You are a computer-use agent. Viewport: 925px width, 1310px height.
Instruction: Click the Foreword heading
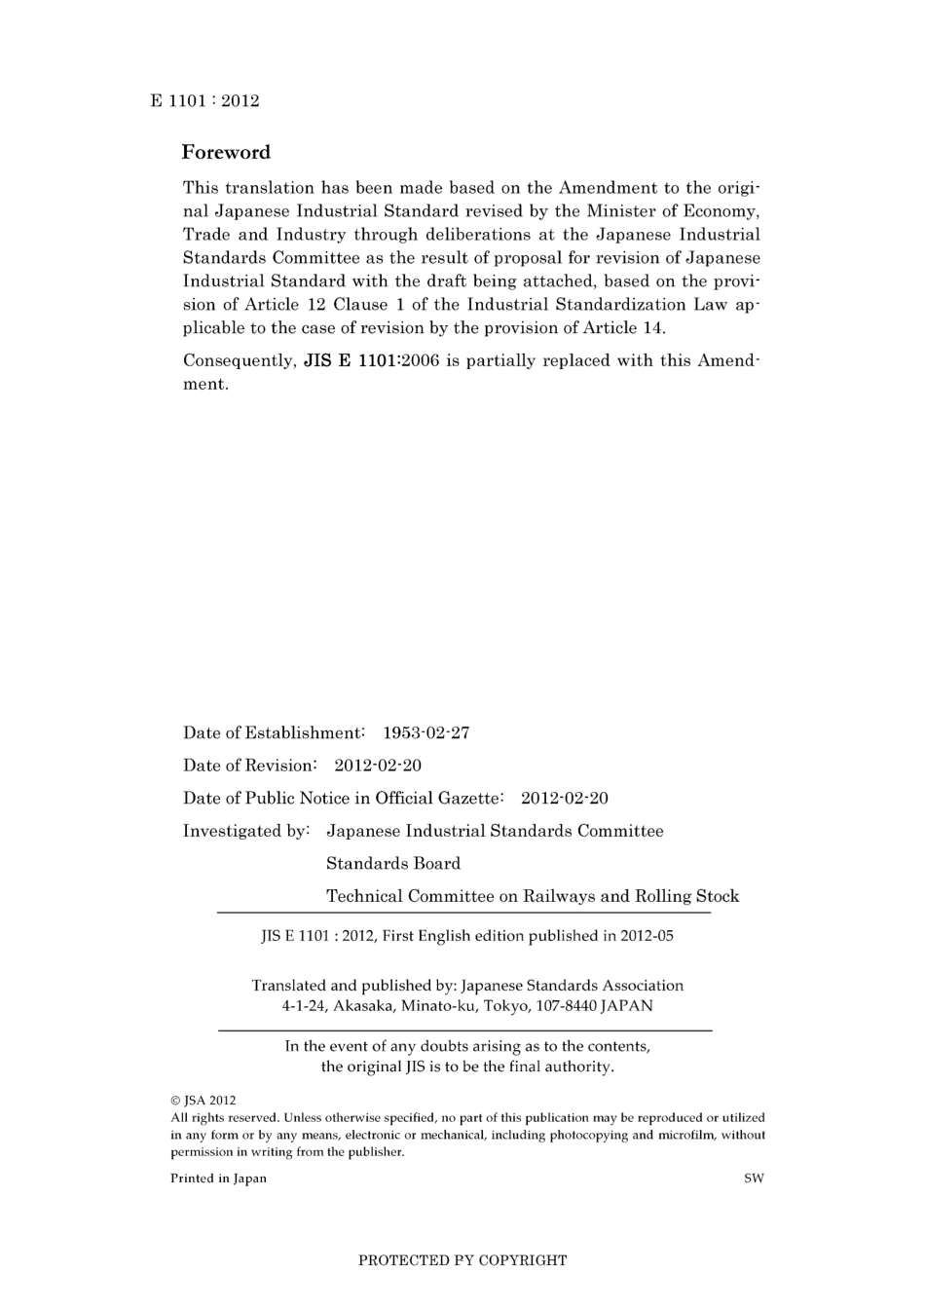click(x=226, y=152)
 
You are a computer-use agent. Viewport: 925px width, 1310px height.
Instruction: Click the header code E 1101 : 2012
click(x=204, y=100)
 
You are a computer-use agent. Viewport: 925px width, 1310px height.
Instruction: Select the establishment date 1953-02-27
click(x=426, y=732)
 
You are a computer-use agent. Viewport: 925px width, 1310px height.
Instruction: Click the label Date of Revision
click(x=249, y=766)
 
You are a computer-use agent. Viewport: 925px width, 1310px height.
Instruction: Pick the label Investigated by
click(x=245, y=831)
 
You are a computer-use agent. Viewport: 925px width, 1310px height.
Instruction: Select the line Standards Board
click(x=393, y=863)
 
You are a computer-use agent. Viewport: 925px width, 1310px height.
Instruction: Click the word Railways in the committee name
click(x=559, y=896)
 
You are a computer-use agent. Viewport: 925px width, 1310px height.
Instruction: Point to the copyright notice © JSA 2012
click(x=203, y=1101)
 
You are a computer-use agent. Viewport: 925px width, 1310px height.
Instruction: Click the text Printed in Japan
click(x=218, y=1179)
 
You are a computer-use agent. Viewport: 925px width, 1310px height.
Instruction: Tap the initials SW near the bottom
click(x=754, y=1179)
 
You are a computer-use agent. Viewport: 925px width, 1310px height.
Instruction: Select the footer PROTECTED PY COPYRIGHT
click(x=462, y=1260)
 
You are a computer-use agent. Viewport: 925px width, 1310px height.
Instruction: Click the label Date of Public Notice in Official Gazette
click(x=343, y=799)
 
